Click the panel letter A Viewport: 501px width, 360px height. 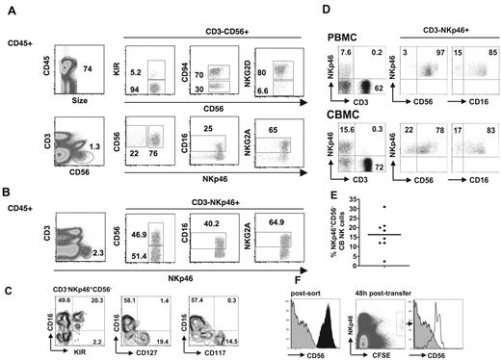[x=10, y=9]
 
